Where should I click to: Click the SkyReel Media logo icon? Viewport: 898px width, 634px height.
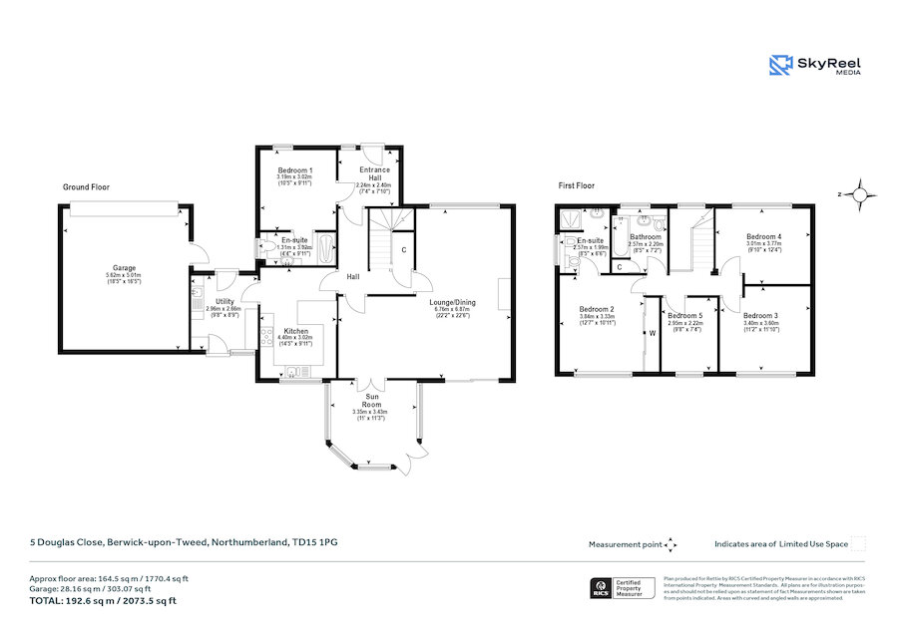pyautogui.click(x=780, y=65)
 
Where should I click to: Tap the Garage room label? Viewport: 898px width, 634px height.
pyautogui.click(x=124, y=268)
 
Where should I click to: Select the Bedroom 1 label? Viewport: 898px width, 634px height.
pyautogui.click(x=295, y=170)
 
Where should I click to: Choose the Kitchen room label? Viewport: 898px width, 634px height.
pyautogui.click(x=295, y=330)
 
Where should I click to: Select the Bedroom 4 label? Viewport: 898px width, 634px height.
pyautogui.click(x=763, y=235)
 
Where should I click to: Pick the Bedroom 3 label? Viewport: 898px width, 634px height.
pyautogui.click(x=760, y=315)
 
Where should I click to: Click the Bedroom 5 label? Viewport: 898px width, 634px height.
pyautogui.click(x=685, y=315)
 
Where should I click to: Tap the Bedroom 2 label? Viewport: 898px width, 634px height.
pyautogui.click(x=596, y=309)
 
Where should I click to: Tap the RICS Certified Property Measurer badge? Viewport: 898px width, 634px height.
pyautogui.click(x=620, y=589)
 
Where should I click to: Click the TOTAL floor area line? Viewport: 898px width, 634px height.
pyautogui.click(x=103, y=601)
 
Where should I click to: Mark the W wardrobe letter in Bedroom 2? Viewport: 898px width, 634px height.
pyautogui.click(x=652, y=333)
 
